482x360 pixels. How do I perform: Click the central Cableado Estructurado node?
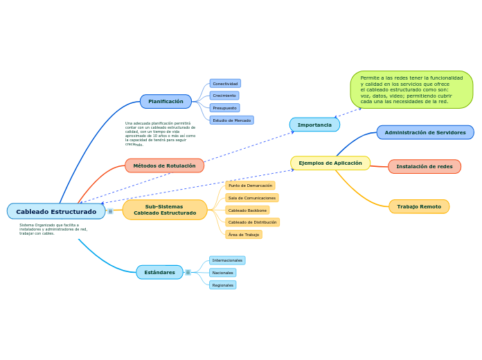56,211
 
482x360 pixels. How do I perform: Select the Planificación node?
166,102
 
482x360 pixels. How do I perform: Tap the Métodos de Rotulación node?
164,165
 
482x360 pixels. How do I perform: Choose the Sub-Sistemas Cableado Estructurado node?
165,210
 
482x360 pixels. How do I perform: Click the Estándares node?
159,272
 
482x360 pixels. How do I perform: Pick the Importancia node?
314,125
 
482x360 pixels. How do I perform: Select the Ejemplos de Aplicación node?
330,163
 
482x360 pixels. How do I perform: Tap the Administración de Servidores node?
425,132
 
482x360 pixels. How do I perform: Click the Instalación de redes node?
425,166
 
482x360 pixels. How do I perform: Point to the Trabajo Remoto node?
419,206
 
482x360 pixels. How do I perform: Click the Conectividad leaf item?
225,83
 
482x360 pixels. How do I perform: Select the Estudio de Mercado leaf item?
231,120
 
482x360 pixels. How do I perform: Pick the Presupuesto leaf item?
224,108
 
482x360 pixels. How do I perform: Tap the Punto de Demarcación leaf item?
250,186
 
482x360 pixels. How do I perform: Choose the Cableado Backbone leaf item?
247,210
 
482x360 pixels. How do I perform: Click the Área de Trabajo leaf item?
244,235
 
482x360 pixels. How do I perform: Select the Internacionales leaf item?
227,260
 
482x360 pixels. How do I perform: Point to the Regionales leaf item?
222,285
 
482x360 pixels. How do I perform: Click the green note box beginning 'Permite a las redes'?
411,89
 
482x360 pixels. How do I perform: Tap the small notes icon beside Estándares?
188,272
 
